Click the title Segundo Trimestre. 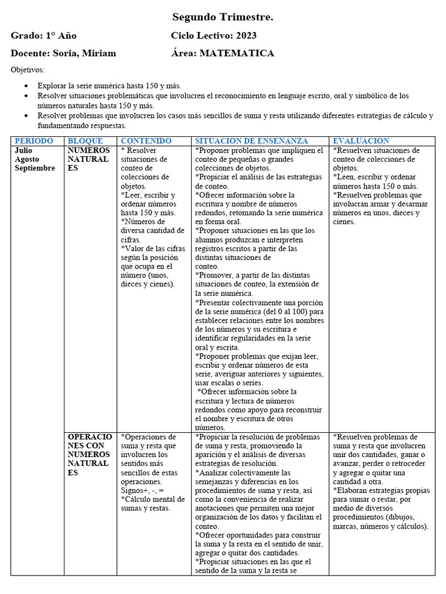[223, 17]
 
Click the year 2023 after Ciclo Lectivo [245, 35]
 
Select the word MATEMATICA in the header [237, 53]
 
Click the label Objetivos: [28, 70]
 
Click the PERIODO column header [34, 141]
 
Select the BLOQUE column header [85, 141]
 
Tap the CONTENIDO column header [146, 141]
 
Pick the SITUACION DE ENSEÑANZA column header [251, 141]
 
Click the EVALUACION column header [361, 141]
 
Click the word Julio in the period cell [24, 150]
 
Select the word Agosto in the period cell [27, 159]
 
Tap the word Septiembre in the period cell [35, 168]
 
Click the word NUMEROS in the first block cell [88, 150]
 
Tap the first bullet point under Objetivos [26, 85]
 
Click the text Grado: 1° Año [44, 35]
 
